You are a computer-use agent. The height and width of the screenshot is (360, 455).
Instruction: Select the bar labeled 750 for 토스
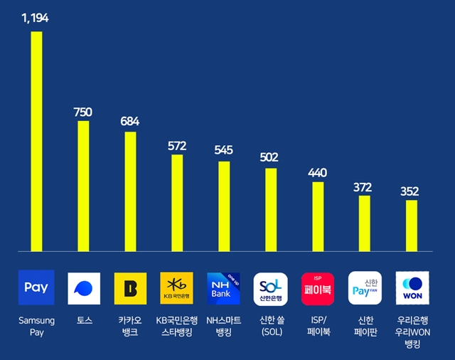(83, 186)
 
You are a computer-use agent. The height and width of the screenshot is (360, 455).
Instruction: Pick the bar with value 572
(177, 203)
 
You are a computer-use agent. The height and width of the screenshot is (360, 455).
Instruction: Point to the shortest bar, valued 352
(412, 226)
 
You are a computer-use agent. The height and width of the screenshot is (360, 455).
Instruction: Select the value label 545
(224, 150)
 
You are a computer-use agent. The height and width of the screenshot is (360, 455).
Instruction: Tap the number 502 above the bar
(270, 157)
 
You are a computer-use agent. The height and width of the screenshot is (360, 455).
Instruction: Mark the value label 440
(317, 172)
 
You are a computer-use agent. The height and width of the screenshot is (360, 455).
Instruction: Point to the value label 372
(363, 187)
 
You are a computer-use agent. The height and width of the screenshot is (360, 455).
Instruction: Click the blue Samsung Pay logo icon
(36, 288)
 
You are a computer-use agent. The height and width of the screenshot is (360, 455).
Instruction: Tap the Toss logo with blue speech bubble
(83, 288)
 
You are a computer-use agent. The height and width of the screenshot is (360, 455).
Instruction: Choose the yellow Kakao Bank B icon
(130, 288)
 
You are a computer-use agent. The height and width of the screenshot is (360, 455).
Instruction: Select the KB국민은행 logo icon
(177, 288)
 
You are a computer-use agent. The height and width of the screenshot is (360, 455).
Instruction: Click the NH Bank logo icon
(224, 288)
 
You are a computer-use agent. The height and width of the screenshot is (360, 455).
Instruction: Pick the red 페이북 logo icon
(317, 288)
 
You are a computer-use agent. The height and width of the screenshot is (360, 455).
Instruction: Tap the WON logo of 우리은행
(412, 288)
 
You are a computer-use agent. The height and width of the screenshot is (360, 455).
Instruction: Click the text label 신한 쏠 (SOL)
(270, 327)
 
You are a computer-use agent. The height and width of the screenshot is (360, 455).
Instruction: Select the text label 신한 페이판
(364, 327)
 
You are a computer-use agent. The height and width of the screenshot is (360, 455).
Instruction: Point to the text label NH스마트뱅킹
(224, 327)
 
